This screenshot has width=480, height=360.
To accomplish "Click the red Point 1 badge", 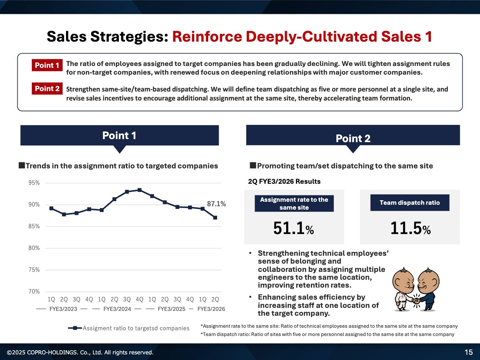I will (x=47, y=65).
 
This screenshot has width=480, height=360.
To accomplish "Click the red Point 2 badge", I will (x=47, y=88).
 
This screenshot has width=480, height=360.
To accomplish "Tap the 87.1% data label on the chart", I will (x=216, y=204).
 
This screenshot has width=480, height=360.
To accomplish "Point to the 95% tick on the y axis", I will (x=34, y=183).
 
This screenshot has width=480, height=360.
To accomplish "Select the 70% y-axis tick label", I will (x=34, y=291).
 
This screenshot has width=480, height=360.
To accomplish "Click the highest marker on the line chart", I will (x=139, y=190).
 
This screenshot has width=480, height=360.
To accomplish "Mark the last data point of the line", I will (x=215, y=217).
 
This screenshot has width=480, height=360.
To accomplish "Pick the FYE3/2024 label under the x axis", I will (x=117, y=309).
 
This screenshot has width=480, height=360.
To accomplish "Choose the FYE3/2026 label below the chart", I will (x=211, y=309).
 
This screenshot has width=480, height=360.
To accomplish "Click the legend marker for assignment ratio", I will (x=75, y=328).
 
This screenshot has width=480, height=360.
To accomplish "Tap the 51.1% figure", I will (x=294, y=228).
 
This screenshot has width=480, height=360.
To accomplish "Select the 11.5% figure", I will (x=410, y=228).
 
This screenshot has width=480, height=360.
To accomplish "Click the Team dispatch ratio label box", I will (x=409, y=203).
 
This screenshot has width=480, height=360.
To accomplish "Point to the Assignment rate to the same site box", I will (x=294, y=204).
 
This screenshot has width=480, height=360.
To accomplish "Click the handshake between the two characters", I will (x=416, y=300).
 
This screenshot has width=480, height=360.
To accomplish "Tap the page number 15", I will (x=468, y=352).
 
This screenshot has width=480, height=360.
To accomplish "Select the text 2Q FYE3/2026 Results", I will (x=284, y=181).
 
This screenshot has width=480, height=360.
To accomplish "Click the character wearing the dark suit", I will (x=428, y=289).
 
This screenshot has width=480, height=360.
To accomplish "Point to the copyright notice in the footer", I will (x=80, y=352).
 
